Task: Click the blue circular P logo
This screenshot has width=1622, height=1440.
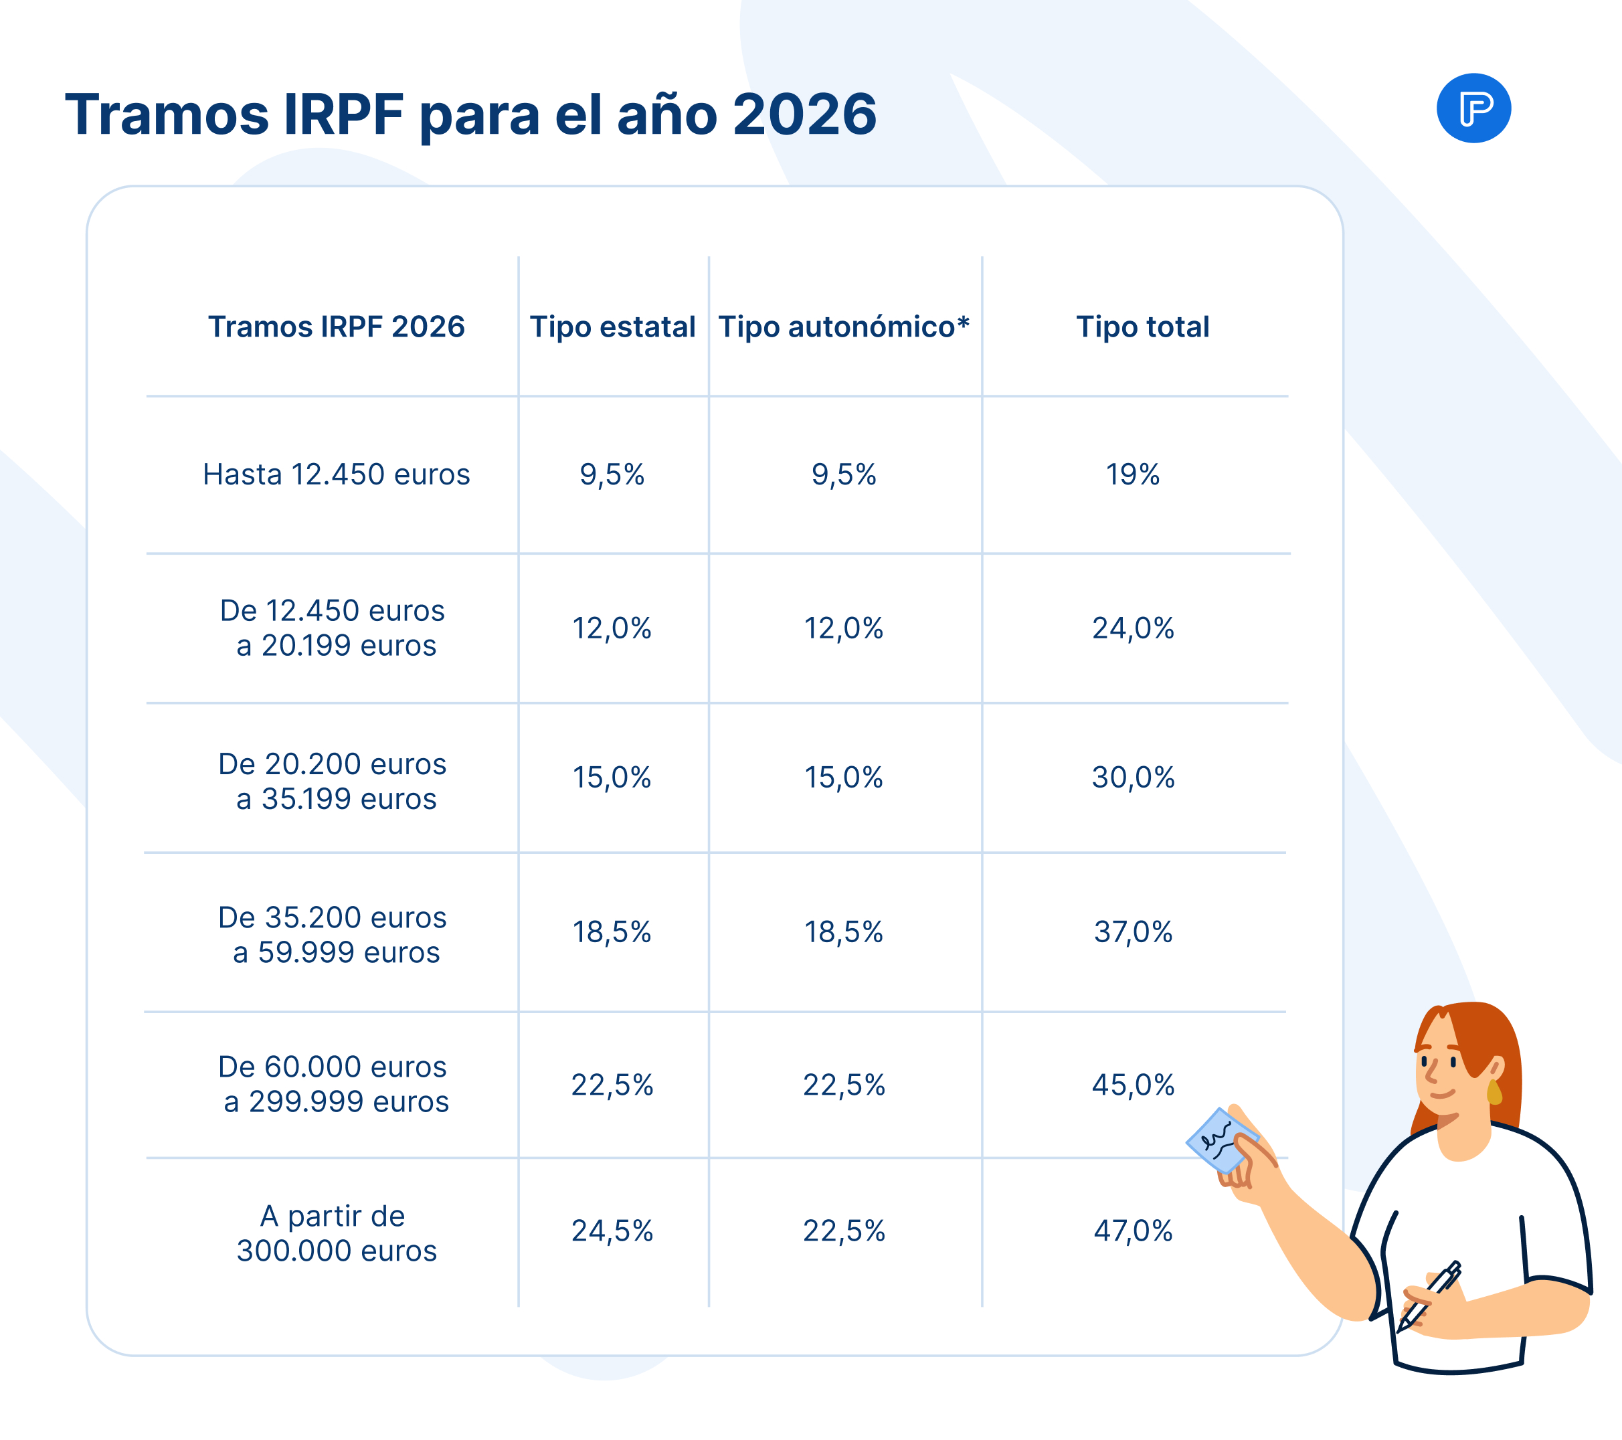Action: [x=1473, y=108]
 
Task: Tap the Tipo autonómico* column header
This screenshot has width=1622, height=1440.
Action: [x=844, y=327]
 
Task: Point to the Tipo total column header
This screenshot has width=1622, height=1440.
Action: [x=1142, y=327]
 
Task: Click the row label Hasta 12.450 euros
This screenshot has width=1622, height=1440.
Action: [x=337, y=474]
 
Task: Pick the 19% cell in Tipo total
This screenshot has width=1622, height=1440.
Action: [x=1132, y=474]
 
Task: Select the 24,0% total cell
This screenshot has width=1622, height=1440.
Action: [x=1132, y=628]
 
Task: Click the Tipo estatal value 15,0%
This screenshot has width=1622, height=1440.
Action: [x=612, y=778]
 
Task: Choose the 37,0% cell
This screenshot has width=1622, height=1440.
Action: [x=1132, y=932]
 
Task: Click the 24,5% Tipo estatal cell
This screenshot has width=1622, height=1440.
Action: [x=612, y=1231]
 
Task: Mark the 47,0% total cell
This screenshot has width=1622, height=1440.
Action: [x=1132, y=1231]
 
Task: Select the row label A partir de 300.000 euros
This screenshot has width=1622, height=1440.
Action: [x=337, y=1234]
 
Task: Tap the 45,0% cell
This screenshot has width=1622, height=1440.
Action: [x=1132, y=1085]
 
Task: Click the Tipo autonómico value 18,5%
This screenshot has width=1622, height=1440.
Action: [x=844, y=932]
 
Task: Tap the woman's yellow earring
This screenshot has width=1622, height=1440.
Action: [x=1494, y=1093]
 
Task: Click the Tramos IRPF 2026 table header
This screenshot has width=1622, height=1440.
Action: [x=337, y=327]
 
